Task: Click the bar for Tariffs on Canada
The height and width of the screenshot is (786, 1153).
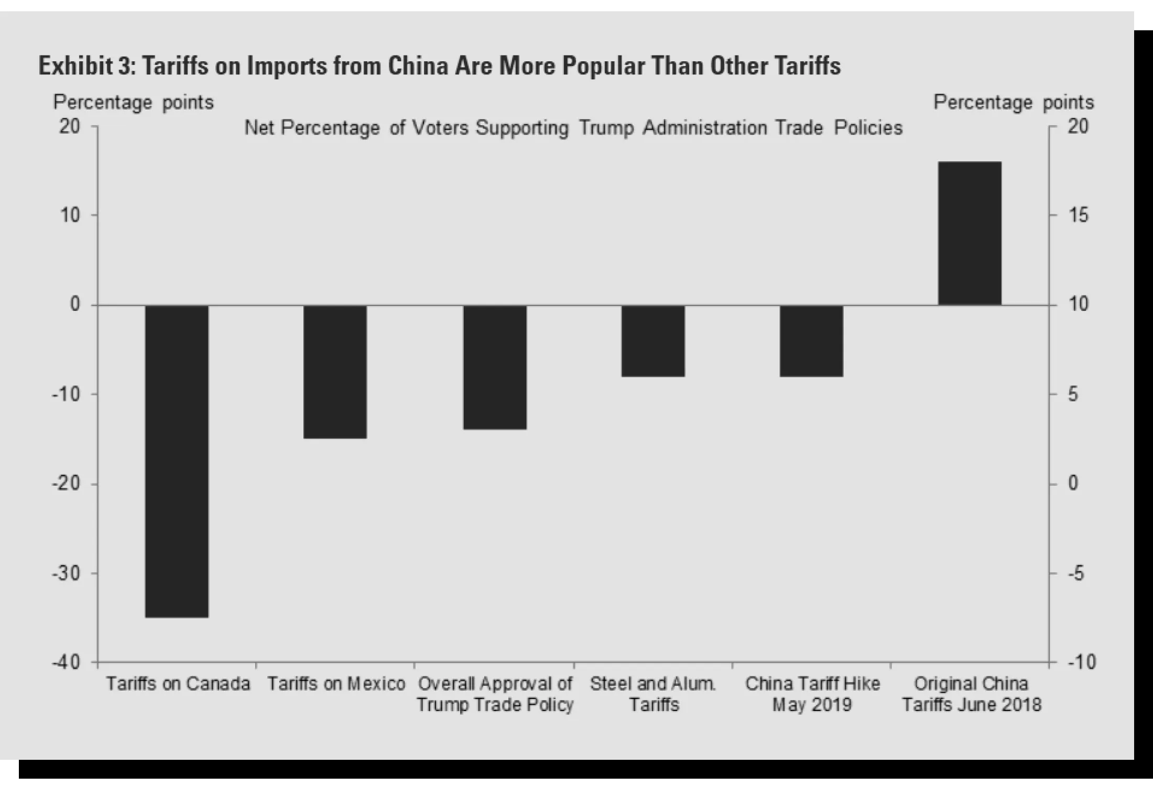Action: [x=177, y=461]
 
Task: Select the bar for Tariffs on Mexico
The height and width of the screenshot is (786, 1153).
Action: [x=335, y=372]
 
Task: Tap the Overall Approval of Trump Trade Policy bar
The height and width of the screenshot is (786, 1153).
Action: [x=495, y=367]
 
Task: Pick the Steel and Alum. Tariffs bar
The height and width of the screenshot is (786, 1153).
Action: [x=653, y=341]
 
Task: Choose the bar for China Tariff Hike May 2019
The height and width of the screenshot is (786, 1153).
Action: [x=811, y=341]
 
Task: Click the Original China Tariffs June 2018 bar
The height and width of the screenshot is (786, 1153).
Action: [x=970, y=233]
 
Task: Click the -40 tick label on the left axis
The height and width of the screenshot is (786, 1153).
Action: [x=67, y=662]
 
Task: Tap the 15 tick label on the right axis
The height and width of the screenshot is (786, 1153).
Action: [x=1078, y=215]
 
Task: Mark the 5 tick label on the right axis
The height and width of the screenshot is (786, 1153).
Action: [x=1073, y=394]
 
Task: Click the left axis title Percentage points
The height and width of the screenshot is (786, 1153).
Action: [x=133, y=102]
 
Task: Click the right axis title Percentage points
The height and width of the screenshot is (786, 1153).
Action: [x=1014, y=102]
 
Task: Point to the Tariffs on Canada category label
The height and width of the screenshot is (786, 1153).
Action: [x=178, y=684]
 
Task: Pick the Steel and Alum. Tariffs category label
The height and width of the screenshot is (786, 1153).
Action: [x=653, y=694]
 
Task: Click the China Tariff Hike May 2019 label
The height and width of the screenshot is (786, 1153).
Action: [x=812, y=694]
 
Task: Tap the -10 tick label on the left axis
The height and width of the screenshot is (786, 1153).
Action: [x=67, y=394]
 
